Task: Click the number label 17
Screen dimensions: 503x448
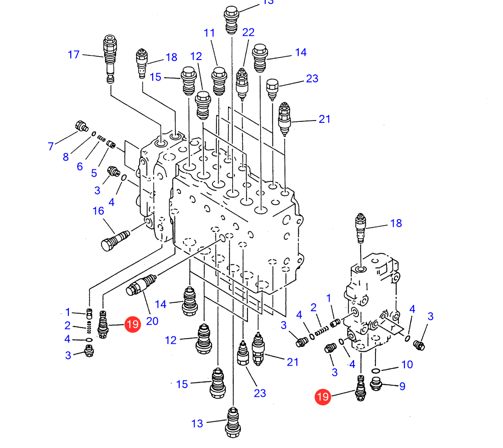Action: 74,54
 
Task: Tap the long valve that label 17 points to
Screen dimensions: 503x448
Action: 110,59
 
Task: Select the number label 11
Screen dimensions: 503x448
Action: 209,33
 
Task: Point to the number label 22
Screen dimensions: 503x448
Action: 248,32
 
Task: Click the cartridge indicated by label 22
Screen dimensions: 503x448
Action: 242,84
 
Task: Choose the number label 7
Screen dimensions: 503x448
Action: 51,146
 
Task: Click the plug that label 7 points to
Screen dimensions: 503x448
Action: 82,126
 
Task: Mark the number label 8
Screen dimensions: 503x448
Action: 66,157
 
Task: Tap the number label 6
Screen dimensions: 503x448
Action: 80,167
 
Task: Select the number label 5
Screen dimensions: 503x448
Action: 94,173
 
